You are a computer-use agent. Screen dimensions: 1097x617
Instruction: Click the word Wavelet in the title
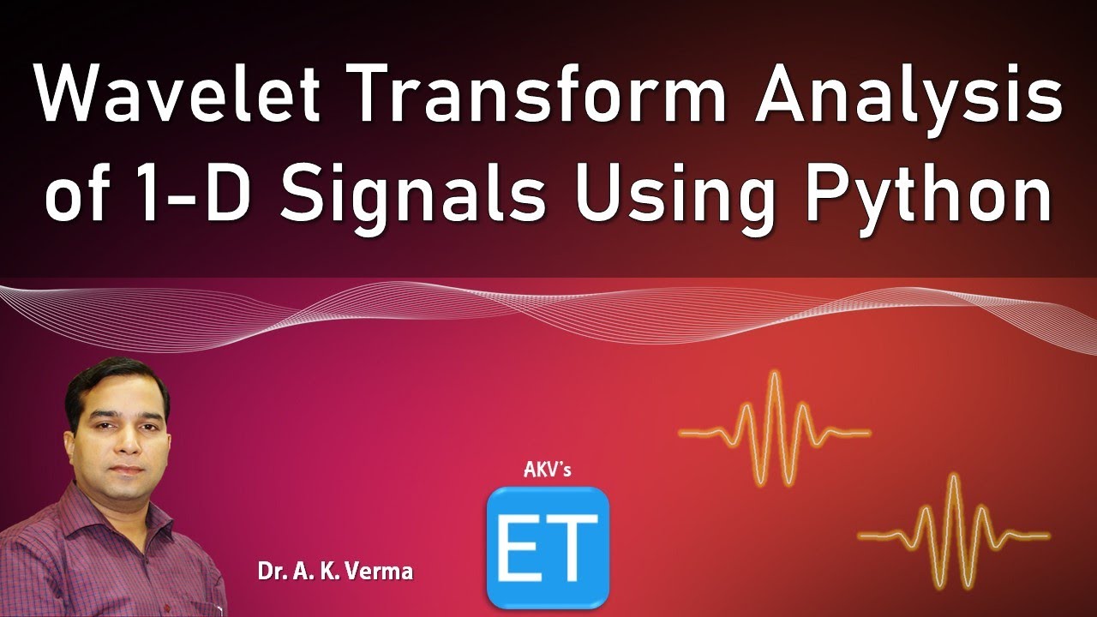tap(177, 94)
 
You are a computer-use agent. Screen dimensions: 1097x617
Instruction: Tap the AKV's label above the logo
tap(547, 470)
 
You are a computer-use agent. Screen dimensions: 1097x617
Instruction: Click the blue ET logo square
tap(548, 547)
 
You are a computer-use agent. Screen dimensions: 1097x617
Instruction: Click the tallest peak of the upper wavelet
tap(774, 373)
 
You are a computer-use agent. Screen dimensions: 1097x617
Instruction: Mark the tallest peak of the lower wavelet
tap(952, 476)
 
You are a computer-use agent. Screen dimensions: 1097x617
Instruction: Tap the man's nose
tap(129, 443)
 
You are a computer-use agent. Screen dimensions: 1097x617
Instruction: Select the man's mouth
tap(129, 469)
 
